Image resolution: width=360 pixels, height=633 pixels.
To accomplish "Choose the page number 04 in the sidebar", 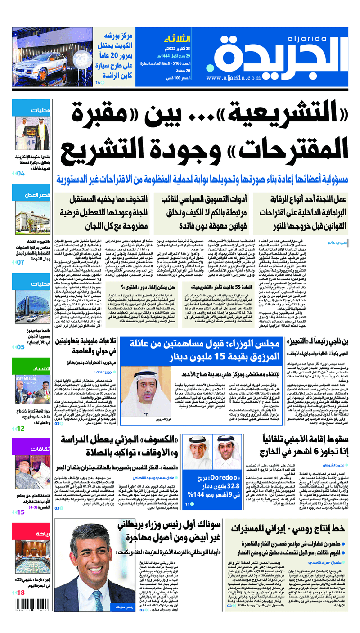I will click(21, 173).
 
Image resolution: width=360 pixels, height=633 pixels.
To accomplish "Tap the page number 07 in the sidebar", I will click(21, 262).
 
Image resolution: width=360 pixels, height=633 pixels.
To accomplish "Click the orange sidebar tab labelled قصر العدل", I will click(34, 195).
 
